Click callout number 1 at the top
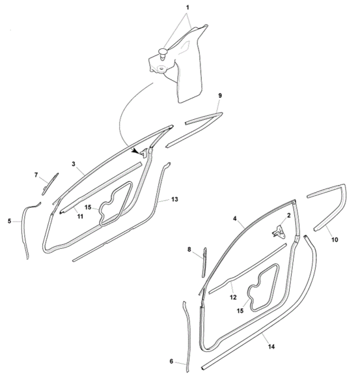[187, 7]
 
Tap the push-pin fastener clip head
[163, 52]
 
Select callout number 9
[220, 96]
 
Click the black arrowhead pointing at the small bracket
[136, 151]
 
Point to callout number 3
[74, 164]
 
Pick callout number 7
[36, 175]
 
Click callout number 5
[10, 221]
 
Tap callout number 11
[80, 216]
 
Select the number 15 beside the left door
[88, 207]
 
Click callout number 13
[174, 199]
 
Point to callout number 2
[289, 216]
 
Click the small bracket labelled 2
[279, 231]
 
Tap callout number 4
[235, 219]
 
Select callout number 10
[335, 240]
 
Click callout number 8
[189, 249]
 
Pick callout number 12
[233, 297]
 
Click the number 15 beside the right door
[240, 311]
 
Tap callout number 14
[271, 347]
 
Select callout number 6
[171, 361]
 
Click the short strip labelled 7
[50, 184]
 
